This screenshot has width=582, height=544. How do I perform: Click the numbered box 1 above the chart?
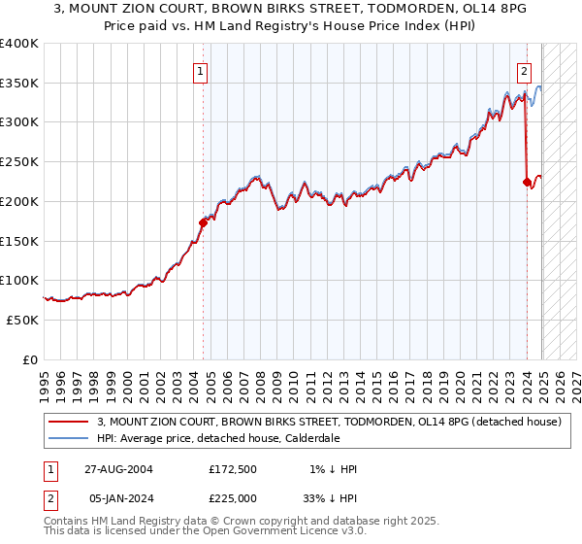coord(199,70)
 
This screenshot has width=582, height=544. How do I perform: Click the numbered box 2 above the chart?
coord(524,70)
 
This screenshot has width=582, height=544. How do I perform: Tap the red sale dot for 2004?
coord(204,222)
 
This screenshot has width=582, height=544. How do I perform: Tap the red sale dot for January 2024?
coord(527,182)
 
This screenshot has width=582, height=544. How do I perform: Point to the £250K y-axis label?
coord(19,161)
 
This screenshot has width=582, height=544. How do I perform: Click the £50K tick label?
coord(22,320)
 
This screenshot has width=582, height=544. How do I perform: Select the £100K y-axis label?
coord(19,280)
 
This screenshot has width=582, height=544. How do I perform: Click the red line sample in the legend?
coord(68,422)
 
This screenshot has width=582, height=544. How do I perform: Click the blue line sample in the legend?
coord(68,438)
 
